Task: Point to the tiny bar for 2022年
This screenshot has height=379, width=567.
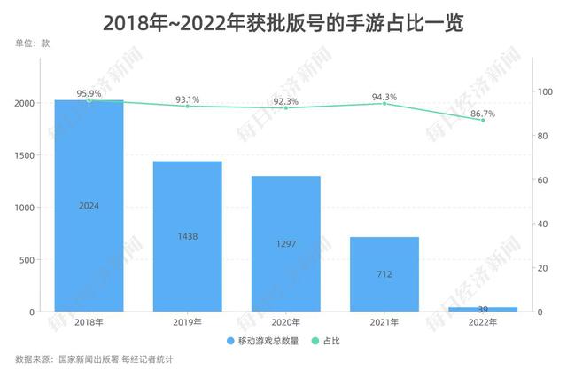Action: pos(482,309)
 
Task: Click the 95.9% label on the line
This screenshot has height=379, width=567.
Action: pos(89,91)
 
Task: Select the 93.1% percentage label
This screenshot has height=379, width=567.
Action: pos(187,98)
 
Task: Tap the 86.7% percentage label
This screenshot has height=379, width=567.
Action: pos(483,112)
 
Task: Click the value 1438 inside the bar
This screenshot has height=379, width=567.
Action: pos(187,237)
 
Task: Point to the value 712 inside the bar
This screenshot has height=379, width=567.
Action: pos(384,275)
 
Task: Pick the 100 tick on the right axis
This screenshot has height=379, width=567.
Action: pos(546,91)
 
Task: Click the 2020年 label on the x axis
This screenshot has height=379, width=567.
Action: pos(285,323)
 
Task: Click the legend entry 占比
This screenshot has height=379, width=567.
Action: pos(329,340)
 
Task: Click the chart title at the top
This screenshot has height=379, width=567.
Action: pos(283,22)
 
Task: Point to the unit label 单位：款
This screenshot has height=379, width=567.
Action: pos(33,43)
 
